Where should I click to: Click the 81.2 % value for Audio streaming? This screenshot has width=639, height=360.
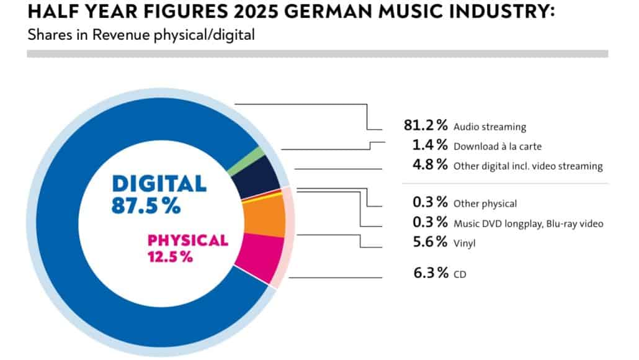click(x=425, y=125)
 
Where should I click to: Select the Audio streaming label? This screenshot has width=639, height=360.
click(x=489, y=127)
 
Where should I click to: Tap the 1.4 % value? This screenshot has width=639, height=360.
click(x=429, y=146)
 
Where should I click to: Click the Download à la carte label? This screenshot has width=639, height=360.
click(x=498, y=147)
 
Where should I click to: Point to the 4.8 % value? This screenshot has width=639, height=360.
click(x=429, y=165)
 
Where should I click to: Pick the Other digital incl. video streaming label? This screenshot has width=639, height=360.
click(x=528, y=166)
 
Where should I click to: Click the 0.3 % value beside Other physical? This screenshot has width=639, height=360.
click(x=429, y=202)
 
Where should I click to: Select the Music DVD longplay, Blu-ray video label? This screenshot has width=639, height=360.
click(x=528, y=223)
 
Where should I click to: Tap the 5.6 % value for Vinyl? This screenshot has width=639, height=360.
click(x=429, y=242)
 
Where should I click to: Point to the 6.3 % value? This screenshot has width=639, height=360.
click(x=429, y=272)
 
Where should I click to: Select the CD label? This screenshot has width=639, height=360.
click(x=460, y=274)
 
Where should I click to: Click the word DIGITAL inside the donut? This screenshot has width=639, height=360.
click(x=159, y=184)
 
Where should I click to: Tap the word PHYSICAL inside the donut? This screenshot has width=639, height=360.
click(x=187, y=240)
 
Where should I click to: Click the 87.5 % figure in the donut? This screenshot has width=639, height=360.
click(x=146, y=205)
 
